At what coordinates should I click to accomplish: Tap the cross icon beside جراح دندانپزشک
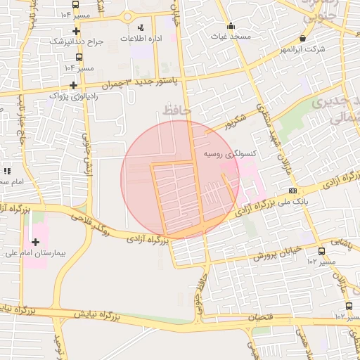(77, 31)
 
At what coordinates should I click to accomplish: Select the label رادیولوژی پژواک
(68, 94)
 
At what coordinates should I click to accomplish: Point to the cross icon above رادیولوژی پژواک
(73, 84)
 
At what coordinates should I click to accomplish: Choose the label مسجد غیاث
(231, 36)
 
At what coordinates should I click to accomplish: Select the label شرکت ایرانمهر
(303, 49)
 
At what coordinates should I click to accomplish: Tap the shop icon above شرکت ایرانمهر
(303, 39)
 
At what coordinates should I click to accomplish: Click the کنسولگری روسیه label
(229, 153)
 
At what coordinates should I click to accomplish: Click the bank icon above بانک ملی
(292, 191)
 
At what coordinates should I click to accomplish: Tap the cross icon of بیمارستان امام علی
(35, 242)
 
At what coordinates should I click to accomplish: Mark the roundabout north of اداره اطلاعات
(128, 15)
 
